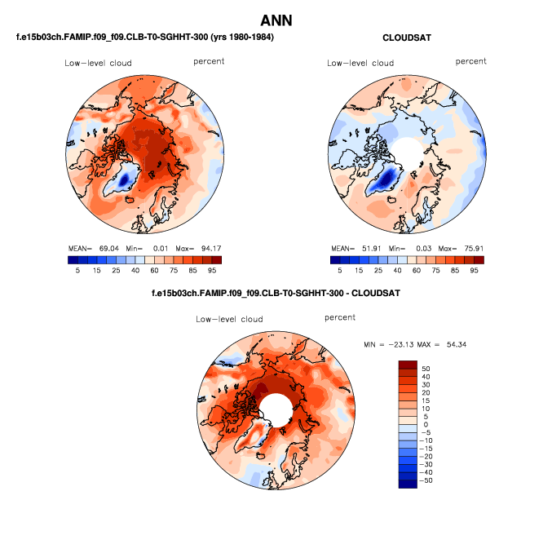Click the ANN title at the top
click(x=276, y=20)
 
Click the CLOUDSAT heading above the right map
click(x=406, y=38)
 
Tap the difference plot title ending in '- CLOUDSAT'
click(x=276, y=292)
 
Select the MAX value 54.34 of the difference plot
click(x=453, y=345)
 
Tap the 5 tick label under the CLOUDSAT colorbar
click(x=335, y=270)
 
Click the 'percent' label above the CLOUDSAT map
click(x=470, y=61)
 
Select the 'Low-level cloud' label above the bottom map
click(x=229, y=319)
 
